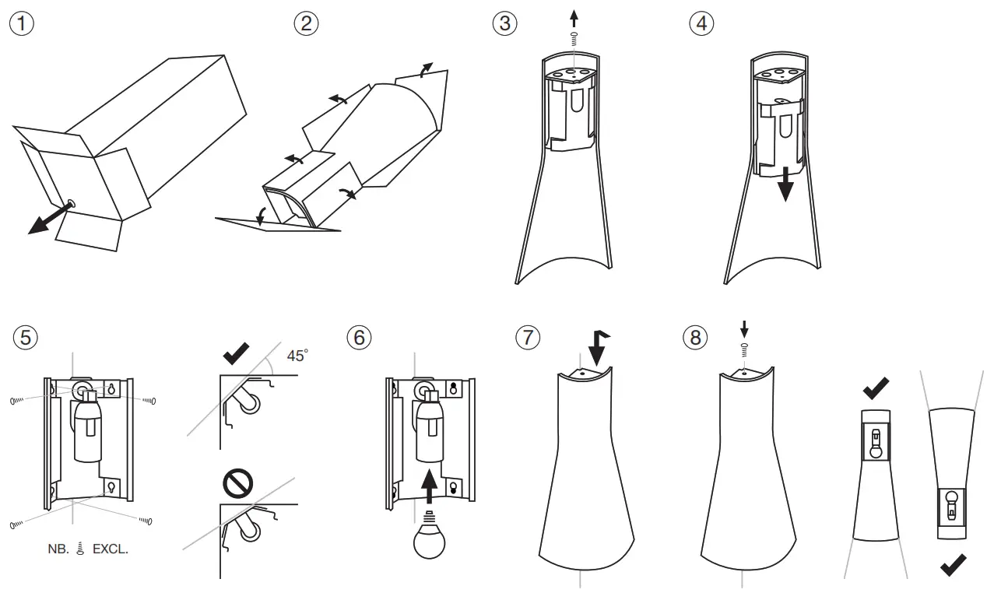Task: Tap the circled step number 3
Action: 506,23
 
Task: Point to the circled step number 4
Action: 701,23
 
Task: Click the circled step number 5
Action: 25,339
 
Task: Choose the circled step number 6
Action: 359,339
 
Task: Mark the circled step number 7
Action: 527,339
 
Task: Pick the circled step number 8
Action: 694,339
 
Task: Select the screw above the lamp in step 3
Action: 574,37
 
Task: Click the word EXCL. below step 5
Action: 111,549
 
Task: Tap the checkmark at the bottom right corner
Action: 954,565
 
